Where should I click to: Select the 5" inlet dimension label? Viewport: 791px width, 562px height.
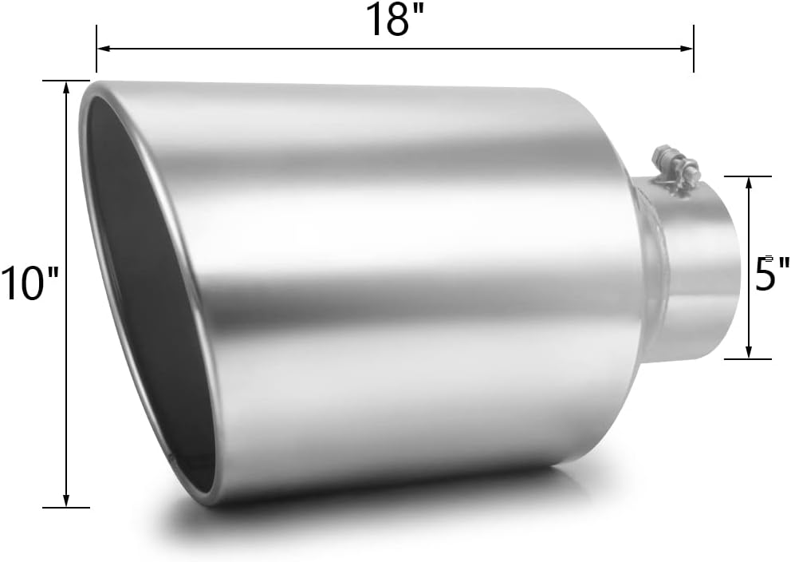tap(770, 274)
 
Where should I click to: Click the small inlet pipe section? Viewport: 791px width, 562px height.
tap(698, 271)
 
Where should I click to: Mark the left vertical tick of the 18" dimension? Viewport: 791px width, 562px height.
tap(96, 48)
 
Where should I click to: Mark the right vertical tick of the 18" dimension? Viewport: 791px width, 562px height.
tap(694, 48)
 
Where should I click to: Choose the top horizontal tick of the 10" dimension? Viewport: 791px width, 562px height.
tap(66, 81)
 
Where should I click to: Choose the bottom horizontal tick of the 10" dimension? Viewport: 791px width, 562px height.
tap(66, 507)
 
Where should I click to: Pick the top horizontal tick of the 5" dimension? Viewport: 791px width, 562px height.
tap(748, 176)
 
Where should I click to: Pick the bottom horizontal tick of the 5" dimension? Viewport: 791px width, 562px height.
tap(748, 359)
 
